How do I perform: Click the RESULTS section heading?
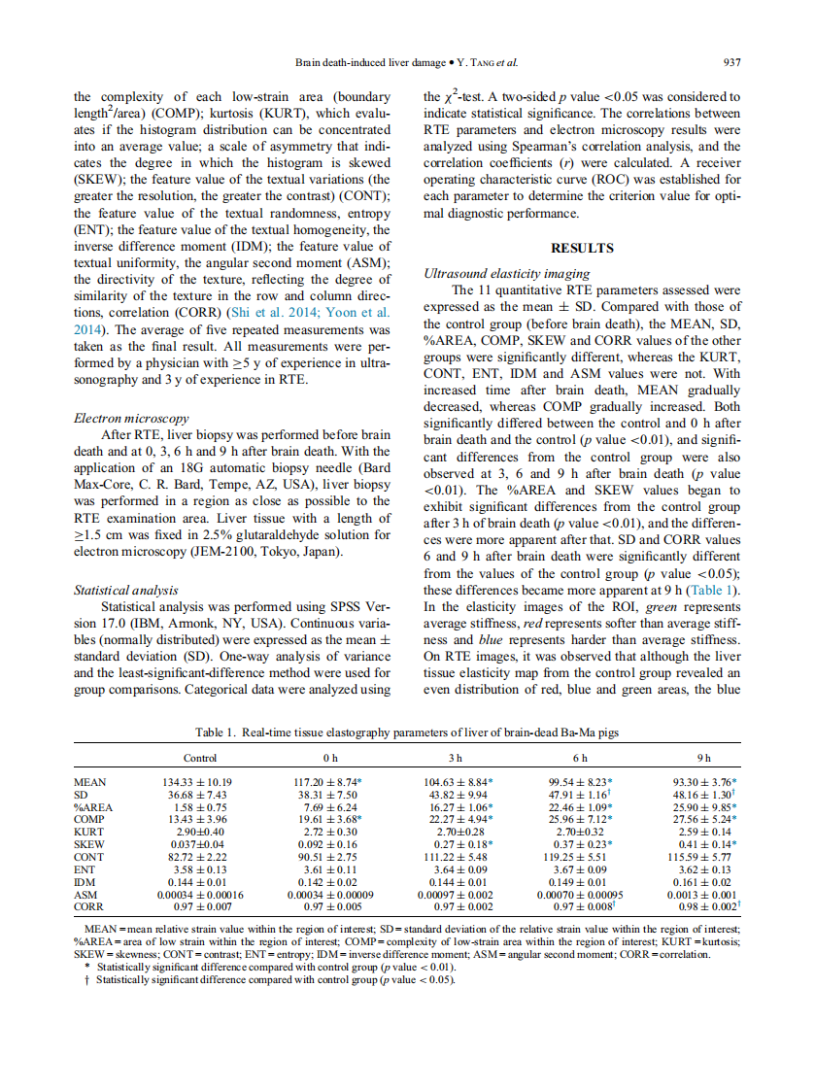click(582, 248)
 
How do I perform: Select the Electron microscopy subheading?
click(131, 419)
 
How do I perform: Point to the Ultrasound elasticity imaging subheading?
click(506, 274)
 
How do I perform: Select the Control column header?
click(200, 758)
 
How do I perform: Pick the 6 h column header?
click(580, 758)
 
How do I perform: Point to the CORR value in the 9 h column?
click(705, 907)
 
